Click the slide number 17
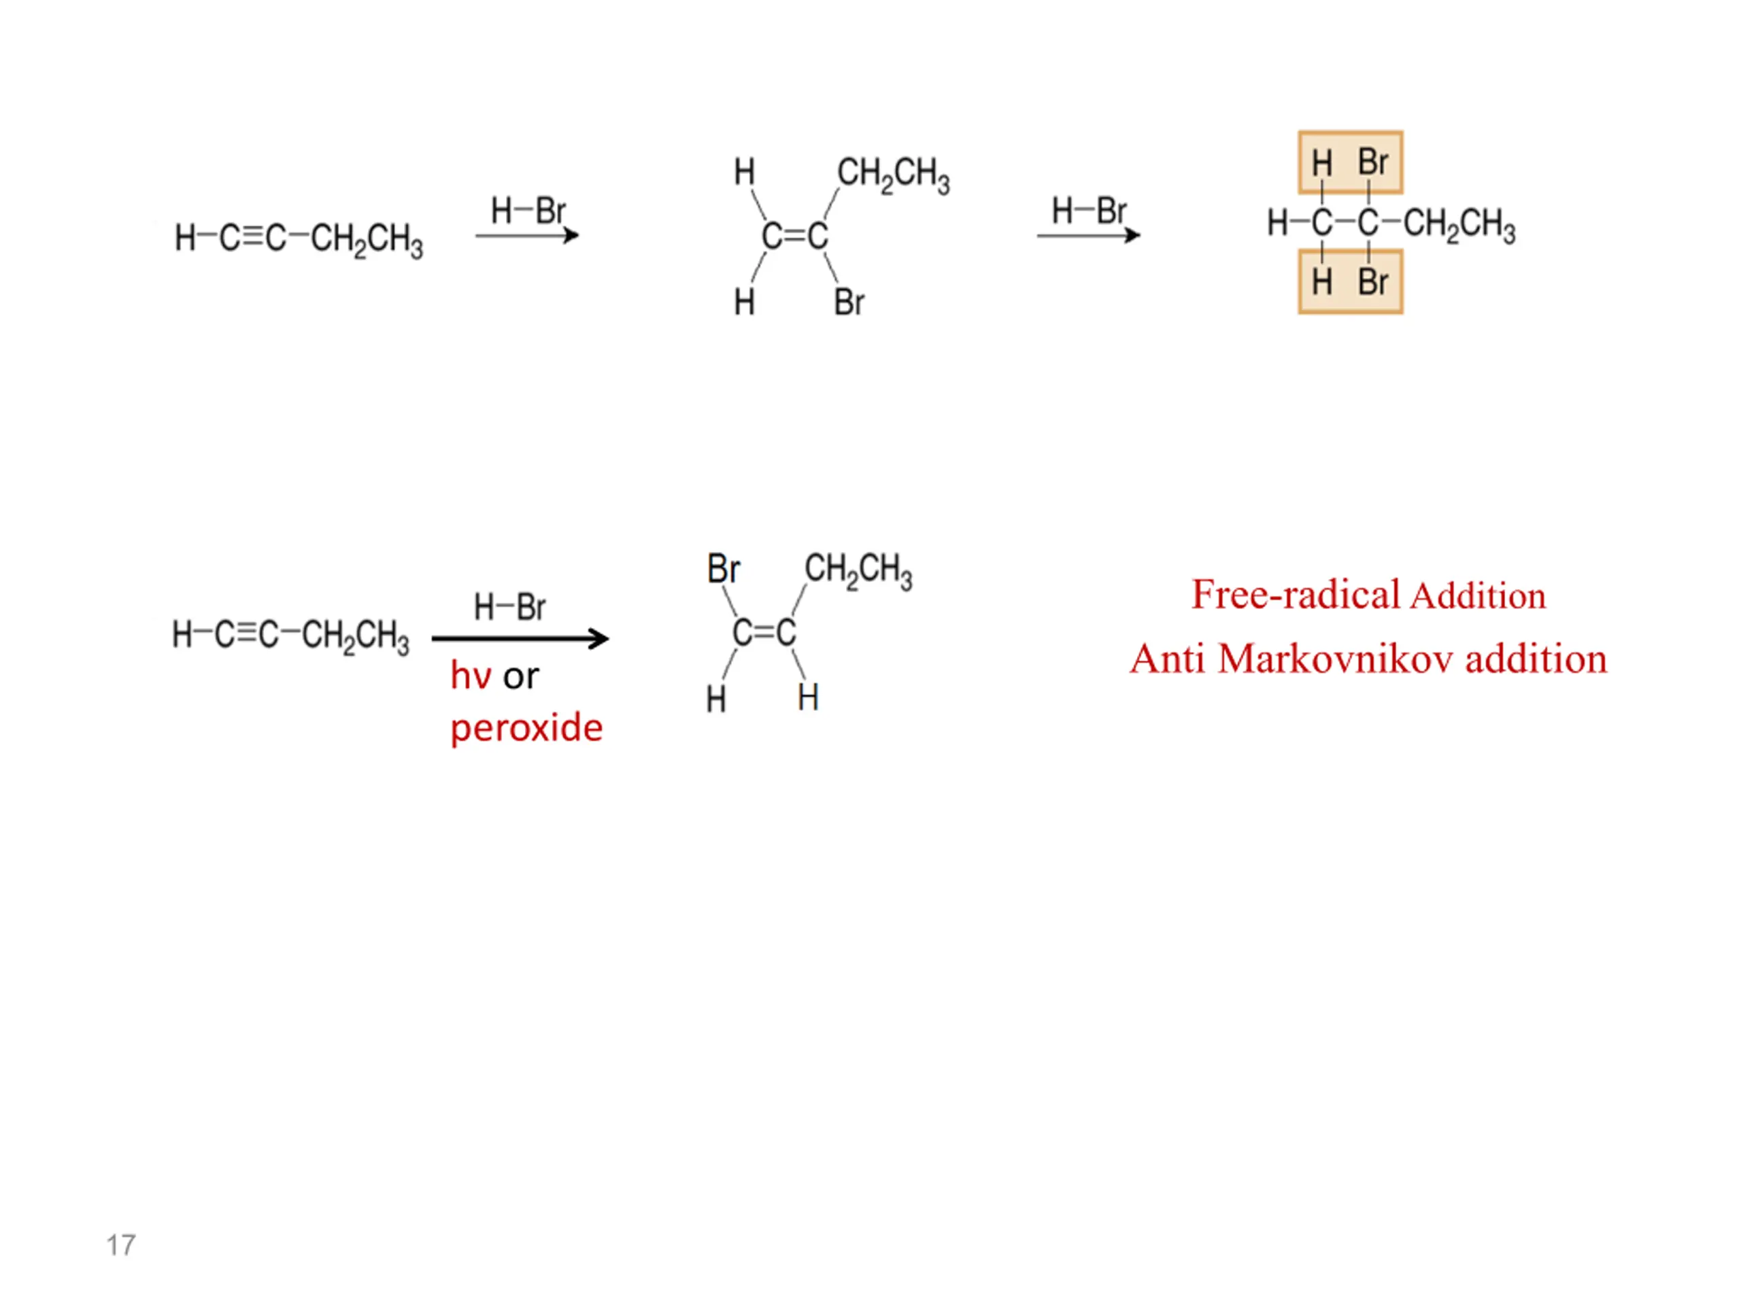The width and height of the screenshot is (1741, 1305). (x=120, y=1245)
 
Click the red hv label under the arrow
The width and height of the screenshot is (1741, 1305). (x=471, y=676)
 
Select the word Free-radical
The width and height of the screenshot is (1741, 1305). (x=1296, y=595)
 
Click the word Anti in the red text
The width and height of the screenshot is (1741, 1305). (x=1167, y=659)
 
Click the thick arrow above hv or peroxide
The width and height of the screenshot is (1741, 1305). (x=520, y=639)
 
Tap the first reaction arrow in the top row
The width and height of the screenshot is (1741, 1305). (x=527, y=235)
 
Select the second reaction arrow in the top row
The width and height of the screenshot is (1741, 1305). (x=1089, y=235)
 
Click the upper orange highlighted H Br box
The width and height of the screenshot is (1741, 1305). (x=1350, y=162)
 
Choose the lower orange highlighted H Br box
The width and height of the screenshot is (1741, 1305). (x=1350, y=281)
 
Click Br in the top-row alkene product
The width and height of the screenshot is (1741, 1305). (x=849, y=302)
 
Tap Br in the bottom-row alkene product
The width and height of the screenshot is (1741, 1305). (x=724, y=569)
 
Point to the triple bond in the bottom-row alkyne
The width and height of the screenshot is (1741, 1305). (x=246, y=633)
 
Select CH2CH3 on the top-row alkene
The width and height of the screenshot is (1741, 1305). (x=894, y=175)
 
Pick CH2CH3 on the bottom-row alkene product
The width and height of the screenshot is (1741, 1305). (x=858, y=570)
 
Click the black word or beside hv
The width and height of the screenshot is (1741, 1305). (x=521, y=676)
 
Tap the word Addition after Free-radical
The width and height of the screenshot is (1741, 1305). (x=1478, y=596)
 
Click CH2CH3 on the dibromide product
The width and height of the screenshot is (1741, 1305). (x=1460, y=225)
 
